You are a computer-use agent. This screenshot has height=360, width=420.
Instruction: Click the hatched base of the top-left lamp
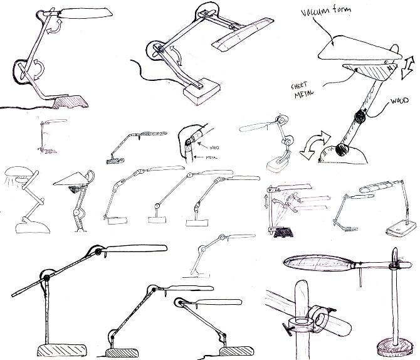point(70,100)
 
